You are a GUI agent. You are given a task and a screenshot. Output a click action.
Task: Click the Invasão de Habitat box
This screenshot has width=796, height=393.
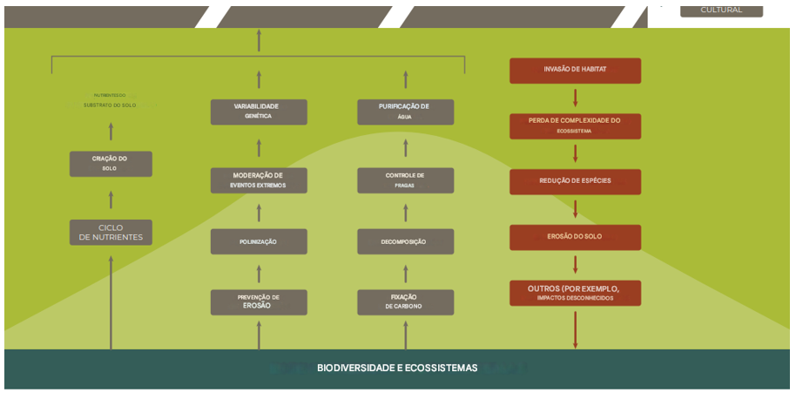575,71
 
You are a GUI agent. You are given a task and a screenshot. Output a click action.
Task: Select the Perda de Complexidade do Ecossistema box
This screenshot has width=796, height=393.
575,125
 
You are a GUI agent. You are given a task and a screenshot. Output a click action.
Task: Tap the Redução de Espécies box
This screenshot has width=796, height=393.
575,181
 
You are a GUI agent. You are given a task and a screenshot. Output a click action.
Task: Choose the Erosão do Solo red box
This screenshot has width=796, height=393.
575,237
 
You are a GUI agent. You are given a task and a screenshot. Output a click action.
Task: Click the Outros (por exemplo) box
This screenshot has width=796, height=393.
575,293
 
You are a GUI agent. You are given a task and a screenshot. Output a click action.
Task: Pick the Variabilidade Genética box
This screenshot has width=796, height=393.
259,112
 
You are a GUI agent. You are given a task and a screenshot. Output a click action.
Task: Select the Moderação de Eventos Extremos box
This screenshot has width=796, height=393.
259,180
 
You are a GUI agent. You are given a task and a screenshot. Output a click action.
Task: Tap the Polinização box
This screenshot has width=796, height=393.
259,241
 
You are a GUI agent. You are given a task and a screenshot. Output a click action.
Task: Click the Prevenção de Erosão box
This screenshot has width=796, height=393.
259,302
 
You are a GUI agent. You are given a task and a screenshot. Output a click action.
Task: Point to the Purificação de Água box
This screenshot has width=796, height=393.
405,112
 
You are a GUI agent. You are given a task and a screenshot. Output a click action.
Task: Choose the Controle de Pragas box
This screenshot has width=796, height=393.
405,180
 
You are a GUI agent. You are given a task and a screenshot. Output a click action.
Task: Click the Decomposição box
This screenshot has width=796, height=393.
405,241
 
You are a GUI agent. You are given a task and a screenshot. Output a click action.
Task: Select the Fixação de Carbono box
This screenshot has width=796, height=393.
405,302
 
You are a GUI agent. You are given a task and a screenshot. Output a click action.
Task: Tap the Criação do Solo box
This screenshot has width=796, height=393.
111,164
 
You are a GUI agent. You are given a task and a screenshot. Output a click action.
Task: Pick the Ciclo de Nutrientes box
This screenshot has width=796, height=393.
111,233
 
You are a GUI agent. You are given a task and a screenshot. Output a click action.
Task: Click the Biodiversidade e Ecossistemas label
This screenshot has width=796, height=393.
397,369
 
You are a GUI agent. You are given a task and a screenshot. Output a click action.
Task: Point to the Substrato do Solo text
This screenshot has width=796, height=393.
110,105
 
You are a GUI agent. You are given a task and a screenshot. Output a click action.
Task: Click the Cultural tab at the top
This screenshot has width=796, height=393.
722,10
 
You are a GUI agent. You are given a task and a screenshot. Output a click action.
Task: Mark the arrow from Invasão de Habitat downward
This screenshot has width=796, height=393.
575,98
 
